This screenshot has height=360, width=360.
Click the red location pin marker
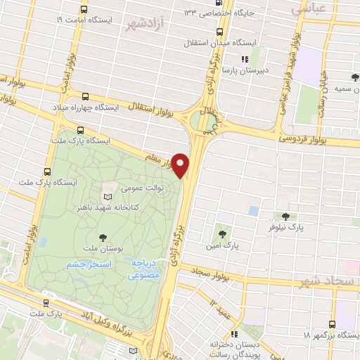pos(181,165)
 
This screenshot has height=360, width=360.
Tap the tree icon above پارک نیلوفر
pos(285,217)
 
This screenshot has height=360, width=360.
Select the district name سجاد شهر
pos(327,281)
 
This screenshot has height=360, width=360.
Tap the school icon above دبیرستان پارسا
pos(245,59)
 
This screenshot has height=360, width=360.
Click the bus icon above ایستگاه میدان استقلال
pos(221,32)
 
